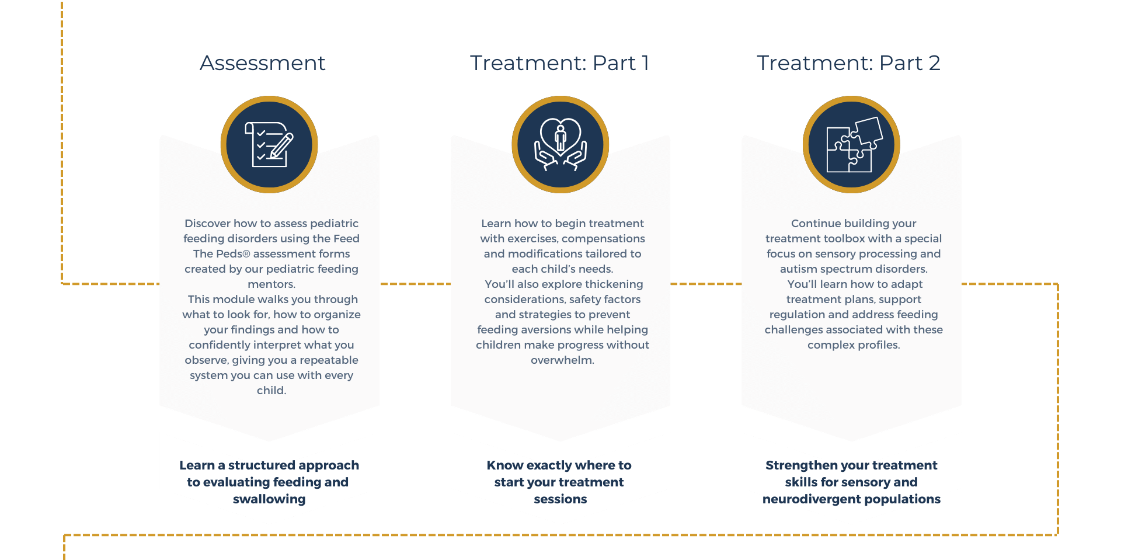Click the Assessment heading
pyautogui.click(x=263, y=63)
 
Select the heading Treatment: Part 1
pyautogui.click(x=559, y=63)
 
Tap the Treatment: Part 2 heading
pyautogui.click(x=848, y=63)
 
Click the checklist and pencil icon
pyautogui.click(x=269, y=145)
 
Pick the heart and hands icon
pyautogui.click(x=560, y=145)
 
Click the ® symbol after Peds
pyautogui.click(x=246, y=254)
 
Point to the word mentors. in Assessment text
pyautogui.click(x=271, y=284)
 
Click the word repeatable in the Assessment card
pyautogui.click(x=329, y=360)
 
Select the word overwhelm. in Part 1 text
pyautogui.click(x=562, y=360)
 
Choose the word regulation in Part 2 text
pyautogui.click(x=797, y=315)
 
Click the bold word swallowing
pyautogui.click(x=269, y=499)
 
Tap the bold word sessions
pyautogui.click(x=560, y=499)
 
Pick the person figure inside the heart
pyautogui.click(x=560, y=138)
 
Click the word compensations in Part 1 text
pyautogui.click(x=603, y=239)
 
